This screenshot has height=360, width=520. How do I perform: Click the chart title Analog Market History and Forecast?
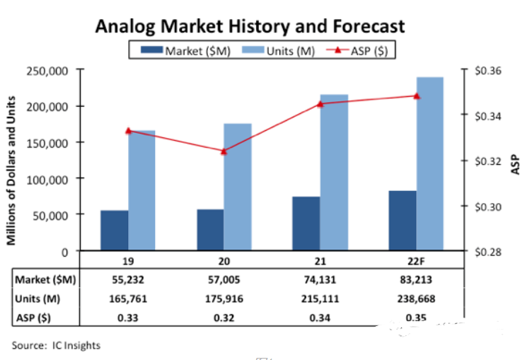tap(250, 26)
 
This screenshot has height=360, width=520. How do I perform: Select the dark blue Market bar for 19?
tap(114, 231)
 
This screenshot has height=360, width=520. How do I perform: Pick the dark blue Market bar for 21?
tap(306, 223)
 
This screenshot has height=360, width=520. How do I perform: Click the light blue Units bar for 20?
tap(238, 187)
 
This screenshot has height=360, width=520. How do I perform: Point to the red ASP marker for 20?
tap(224, 151)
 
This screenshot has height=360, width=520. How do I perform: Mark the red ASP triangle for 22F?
tap(417, 95)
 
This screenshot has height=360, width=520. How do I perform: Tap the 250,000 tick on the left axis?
tap(47, 70)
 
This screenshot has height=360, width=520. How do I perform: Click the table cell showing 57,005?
tap(224, 279)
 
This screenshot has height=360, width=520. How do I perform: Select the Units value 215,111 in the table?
tap(320, 298)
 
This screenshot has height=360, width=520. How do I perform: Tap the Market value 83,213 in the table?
tap(416, 279)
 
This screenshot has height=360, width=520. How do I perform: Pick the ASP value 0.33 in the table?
tap(127, 318)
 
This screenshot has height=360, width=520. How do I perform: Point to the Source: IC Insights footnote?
tap(56, 346)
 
